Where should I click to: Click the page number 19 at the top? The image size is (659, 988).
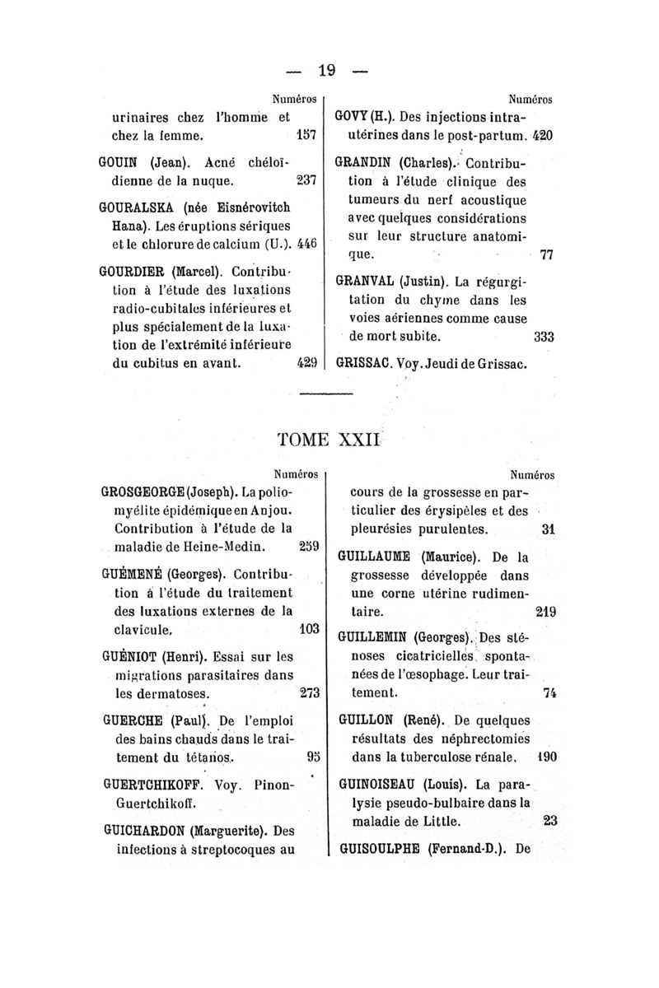coord(329,71)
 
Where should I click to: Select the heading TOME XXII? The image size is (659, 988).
coord(328,437)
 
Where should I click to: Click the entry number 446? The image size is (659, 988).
coord(307,245)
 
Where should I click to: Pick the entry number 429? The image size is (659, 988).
coord(306,361)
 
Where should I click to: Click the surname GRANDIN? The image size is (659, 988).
coord(367,161)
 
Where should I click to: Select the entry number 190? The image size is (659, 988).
coord(544,755)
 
